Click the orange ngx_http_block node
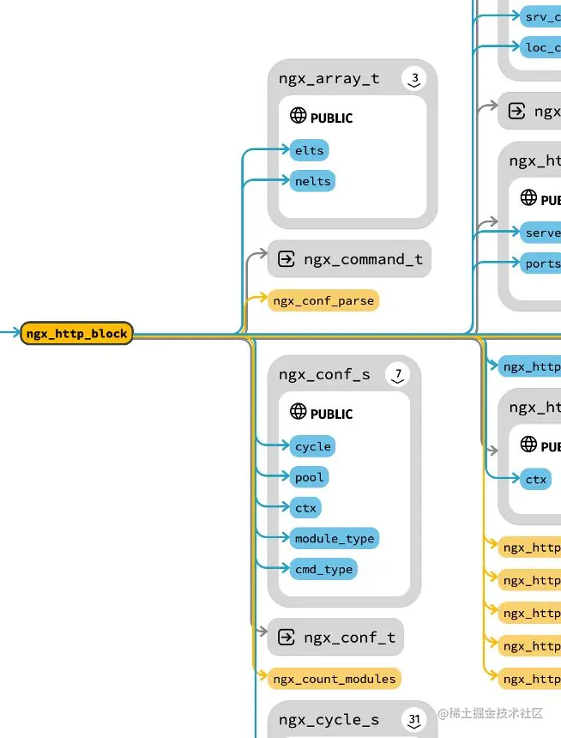tap(76, 333)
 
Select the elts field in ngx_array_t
tap(309, 150)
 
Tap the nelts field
tap(311, 181)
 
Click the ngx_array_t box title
tap(329, 78)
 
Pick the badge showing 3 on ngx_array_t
tap(414, 80)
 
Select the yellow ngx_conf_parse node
tap(323, 300)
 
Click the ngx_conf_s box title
tap(324, 374)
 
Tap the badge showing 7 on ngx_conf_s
tap(398, 375)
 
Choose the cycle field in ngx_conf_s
tap(312, 446)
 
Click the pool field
tap(309, 477)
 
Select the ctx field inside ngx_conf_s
tap(305, 508)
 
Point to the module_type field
tap(334, 538)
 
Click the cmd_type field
tap(323, 569)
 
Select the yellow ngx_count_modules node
tap(334, 679)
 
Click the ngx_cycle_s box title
tap(329, 719)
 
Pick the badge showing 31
tap(415, 719)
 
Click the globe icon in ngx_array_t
tap(299, 116)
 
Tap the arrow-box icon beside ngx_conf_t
tap(287, 638)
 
